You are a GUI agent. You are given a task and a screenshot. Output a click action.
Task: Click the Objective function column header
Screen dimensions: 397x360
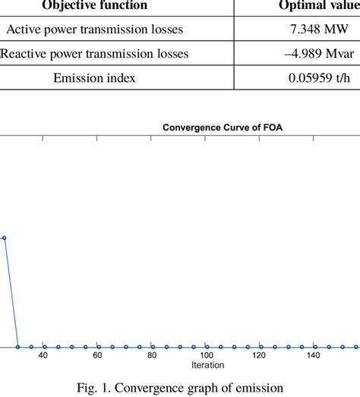pyautogui.click(x=94, y=6)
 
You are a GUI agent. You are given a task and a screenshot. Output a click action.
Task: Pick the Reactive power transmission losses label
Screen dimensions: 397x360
pyautogui.click(x=95, y=54)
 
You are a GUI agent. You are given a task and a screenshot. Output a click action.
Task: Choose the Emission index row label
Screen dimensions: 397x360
pyautogui.click(x=94, y=77)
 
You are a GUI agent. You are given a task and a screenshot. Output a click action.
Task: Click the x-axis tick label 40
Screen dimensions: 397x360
pyautogui.click(x=43, y=355)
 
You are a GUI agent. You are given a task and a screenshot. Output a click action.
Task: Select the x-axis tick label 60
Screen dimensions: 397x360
pyautogui.click(x=97, y=355)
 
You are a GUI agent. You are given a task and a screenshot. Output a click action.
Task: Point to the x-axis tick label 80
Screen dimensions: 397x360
pyautogui.click(x=152, y=355)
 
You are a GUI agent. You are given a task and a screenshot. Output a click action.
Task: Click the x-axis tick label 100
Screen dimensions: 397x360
pyautogui.click(x=206, y=355)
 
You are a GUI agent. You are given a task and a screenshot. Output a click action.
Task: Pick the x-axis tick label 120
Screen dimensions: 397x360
pyautogui.click(x=260, y=355)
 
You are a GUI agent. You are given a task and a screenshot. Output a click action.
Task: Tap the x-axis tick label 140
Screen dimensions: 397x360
pyautogui.click(x=314, y=355)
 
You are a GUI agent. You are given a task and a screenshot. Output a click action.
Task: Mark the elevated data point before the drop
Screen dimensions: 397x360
pyautogui.click(x=5, y=238)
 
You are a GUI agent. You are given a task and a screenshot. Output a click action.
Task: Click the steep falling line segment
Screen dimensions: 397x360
pyautogui.click(x=11, y=292)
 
